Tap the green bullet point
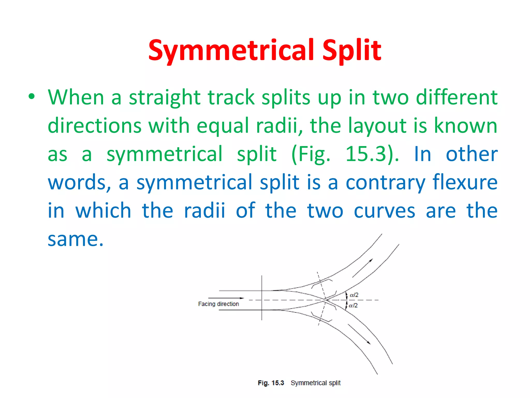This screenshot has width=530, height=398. click(32, 97)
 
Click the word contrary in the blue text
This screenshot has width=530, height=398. click(385, 182)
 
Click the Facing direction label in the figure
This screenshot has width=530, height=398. click(218, 304)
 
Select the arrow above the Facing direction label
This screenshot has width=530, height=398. click(226, 298)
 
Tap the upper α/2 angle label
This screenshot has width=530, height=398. click(354, 295)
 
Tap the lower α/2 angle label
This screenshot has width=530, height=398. click(353, 305)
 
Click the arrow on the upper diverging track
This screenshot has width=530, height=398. click(363, 268)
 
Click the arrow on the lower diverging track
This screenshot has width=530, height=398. click(359, 334)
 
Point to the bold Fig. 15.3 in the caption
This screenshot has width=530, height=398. click(271, 383)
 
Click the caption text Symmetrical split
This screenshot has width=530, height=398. click(315, 383)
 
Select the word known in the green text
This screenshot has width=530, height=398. click(465, 125)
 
